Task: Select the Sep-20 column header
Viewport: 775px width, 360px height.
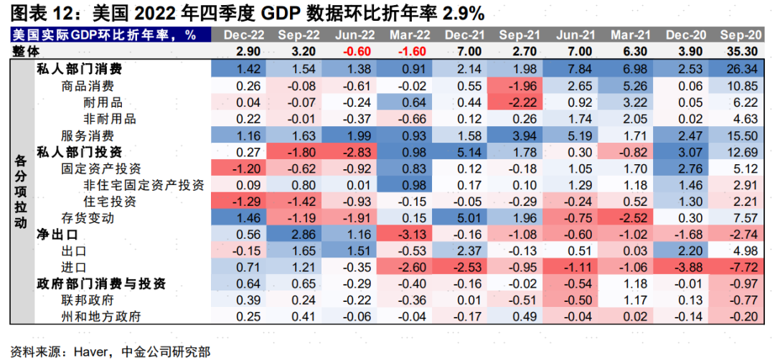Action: (740, 34)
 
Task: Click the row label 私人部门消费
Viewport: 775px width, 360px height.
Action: (79, 69)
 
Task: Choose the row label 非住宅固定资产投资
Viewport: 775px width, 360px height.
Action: (144, 184)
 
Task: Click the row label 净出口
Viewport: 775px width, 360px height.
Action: (57, 235)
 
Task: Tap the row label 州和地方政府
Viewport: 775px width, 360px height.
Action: (101, 316)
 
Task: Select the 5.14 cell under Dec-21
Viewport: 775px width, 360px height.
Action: (464, 151)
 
